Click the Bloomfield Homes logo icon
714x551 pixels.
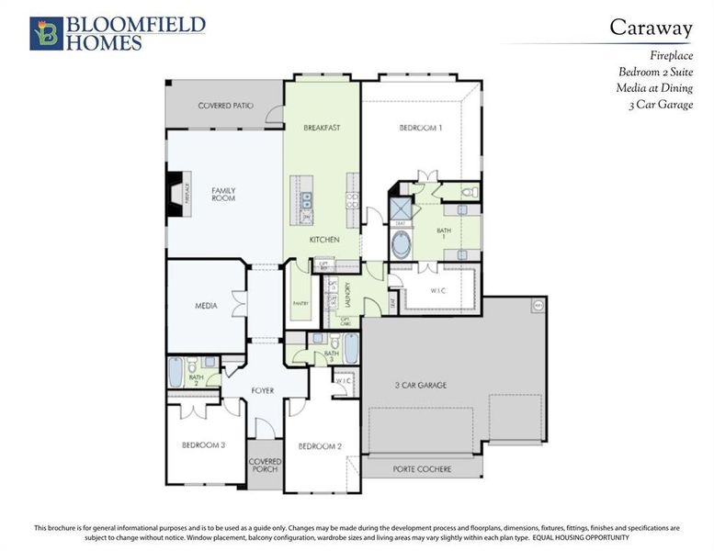(45, 32)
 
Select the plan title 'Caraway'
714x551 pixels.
(651, 28)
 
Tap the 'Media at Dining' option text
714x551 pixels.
(654, 88)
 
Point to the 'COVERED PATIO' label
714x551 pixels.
(225, 107)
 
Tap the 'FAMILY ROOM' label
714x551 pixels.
(223, 195)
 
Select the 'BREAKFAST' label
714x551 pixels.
(323, 128)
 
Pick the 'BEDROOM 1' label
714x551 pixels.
(421, 128)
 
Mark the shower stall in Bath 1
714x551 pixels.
(401, 208)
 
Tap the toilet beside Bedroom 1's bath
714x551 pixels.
(467, 193)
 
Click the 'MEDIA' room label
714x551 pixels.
(206, 306)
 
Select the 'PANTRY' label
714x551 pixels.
(300, 302)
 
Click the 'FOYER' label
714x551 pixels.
(263, 390)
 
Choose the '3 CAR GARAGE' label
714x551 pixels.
(421, 385)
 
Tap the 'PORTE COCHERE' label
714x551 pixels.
(423, 469)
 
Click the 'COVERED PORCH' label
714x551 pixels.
(265, 465)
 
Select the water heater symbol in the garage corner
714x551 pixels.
(538, 305)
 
